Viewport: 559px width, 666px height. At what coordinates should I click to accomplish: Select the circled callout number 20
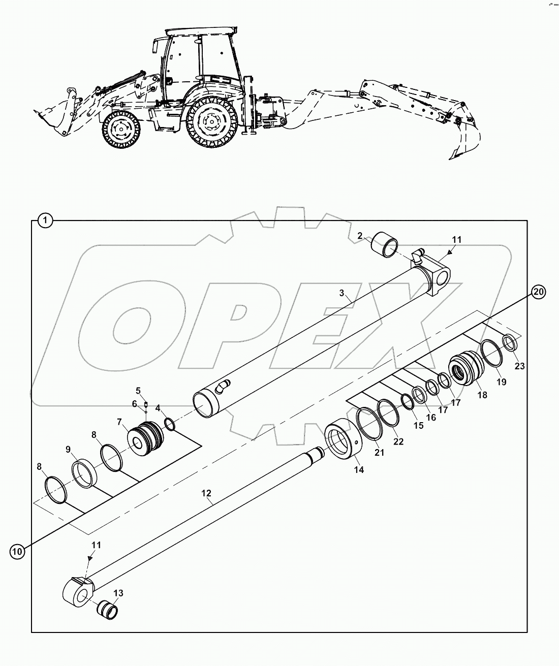pos(539,291)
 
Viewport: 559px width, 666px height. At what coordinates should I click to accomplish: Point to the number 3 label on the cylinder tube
pos(342,293)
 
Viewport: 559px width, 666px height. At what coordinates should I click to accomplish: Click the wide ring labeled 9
pos(84,473)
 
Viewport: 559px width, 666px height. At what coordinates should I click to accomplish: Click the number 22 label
pos(398,441)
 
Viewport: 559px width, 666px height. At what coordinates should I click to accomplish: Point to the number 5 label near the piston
pos(138,391)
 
